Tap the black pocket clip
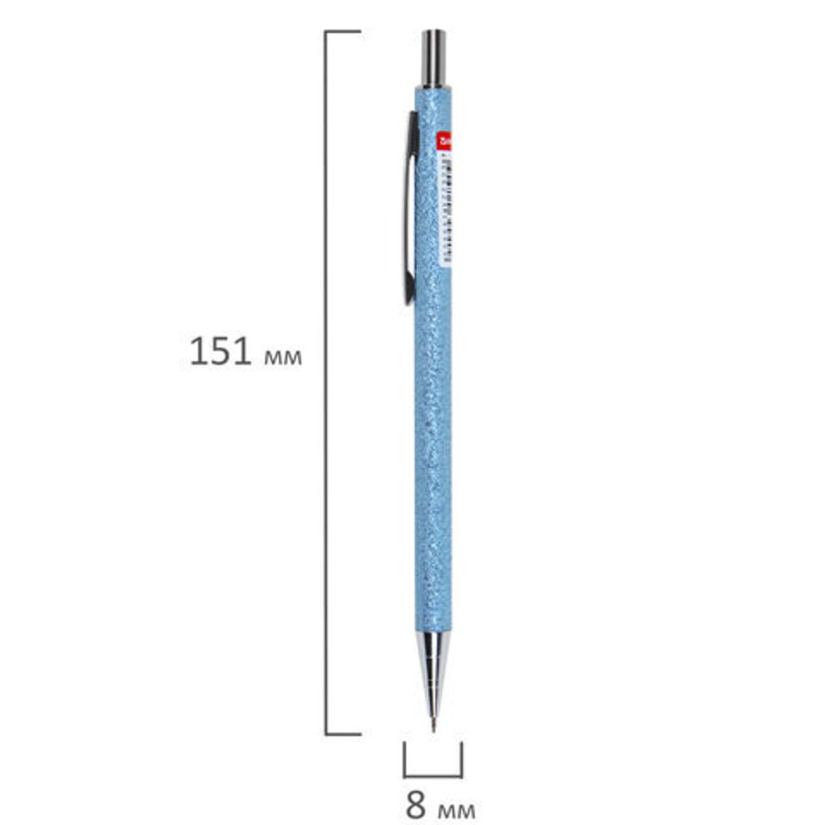tap(409, 206)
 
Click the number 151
tap(220, 352)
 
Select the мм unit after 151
tap(283, 356)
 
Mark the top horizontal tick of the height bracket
tap(343, 32)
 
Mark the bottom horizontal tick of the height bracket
tap(343, 733)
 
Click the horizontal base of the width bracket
tap(432, 776)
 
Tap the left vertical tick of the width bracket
tap(404, 759)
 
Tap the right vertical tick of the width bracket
tap(461, 759)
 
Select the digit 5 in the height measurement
tap(220, 352)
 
